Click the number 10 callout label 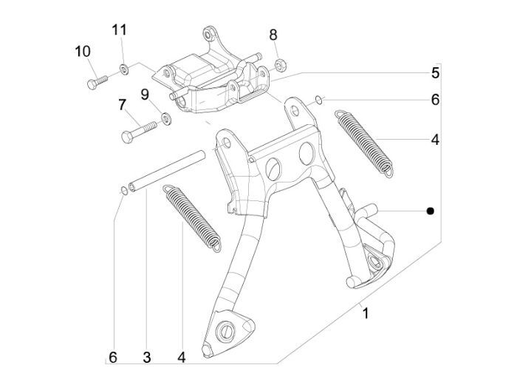(82, 51)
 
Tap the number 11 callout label (120, 30)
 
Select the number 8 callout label (273, 35)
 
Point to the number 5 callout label (436, 72)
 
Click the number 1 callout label (364, 313)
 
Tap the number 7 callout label (122, 105)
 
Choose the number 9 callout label (145, 94)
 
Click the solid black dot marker (431, 211)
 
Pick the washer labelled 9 (166, 117)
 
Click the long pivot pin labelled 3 (168, 170)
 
